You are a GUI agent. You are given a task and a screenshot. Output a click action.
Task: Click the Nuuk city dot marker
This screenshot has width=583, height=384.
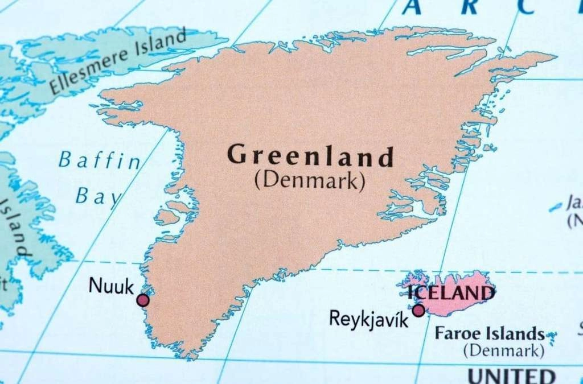click(x=143, y=300)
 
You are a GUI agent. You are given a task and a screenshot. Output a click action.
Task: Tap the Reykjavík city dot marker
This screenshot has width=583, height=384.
click(x=418, y=310)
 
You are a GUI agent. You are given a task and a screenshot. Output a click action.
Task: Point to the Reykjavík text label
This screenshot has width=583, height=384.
click(x=369, y=319)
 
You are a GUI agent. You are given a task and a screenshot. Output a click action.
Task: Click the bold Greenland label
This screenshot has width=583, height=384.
click(x=310, y=156)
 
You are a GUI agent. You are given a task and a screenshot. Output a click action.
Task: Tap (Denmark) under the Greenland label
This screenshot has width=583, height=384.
click(x=309, y=180)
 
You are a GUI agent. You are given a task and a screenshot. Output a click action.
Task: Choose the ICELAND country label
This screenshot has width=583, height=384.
click(x=451, y=293)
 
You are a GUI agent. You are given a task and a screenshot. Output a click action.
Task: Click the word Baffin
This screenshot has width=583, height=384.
click(x=100, y=161)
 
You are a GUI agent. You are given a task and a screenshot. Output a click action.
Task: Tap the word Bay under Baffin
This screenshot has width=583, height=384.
click(x=98, y=196)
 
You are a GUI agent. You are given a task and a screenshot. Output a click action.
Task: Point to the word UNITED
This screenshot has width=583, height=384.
click(x=511, y=375)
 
